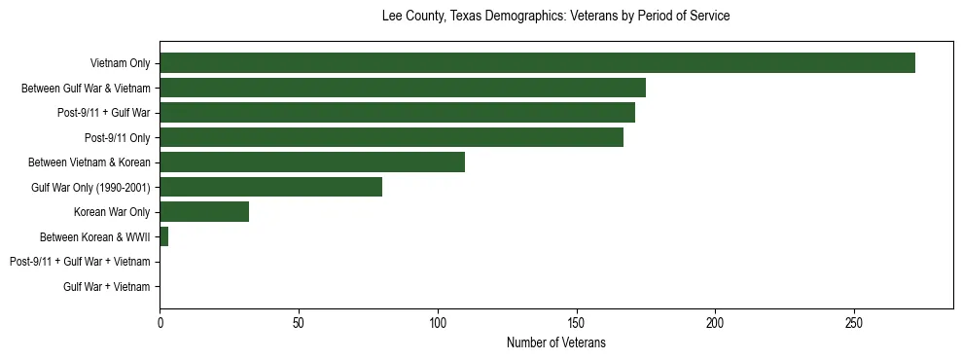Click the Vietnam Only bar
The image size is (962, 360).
[x=537, y=63]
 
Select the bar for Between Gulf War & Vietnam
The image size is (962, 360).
[x=403, y=88]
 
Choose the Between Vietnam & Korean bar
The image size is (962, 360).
[x=312, y=162]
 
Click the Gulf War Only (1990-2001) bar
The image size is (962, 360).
[x=270, y=187]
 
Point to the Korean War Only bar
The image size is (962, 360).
[x=204, y=212]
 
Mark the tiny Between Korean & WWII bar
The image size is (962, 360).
[x=163, y=236]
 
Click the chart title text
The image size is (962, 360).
[x=555, y=17]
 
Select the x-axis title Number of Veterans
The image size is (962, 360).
[x=555, y=342]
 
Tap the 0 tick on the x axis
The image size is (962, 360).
[x=160, y=322]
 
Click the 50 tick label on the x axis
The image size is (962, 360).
[x=299, y=322]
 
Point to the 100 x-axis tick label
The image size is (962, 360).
[x=438, y=322]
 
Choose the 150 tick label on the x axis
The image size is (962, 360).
[x=577, y=322]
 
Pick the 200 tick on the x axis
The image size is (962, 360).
[x=715, y=322]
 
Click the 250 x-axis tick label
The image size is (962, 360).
[x=854, y=322]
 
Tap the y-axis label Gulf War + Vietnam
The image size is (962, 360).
[x=107, y=286]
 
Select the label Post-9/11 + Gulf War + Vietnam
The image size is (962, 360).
[x=80, y=262]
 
